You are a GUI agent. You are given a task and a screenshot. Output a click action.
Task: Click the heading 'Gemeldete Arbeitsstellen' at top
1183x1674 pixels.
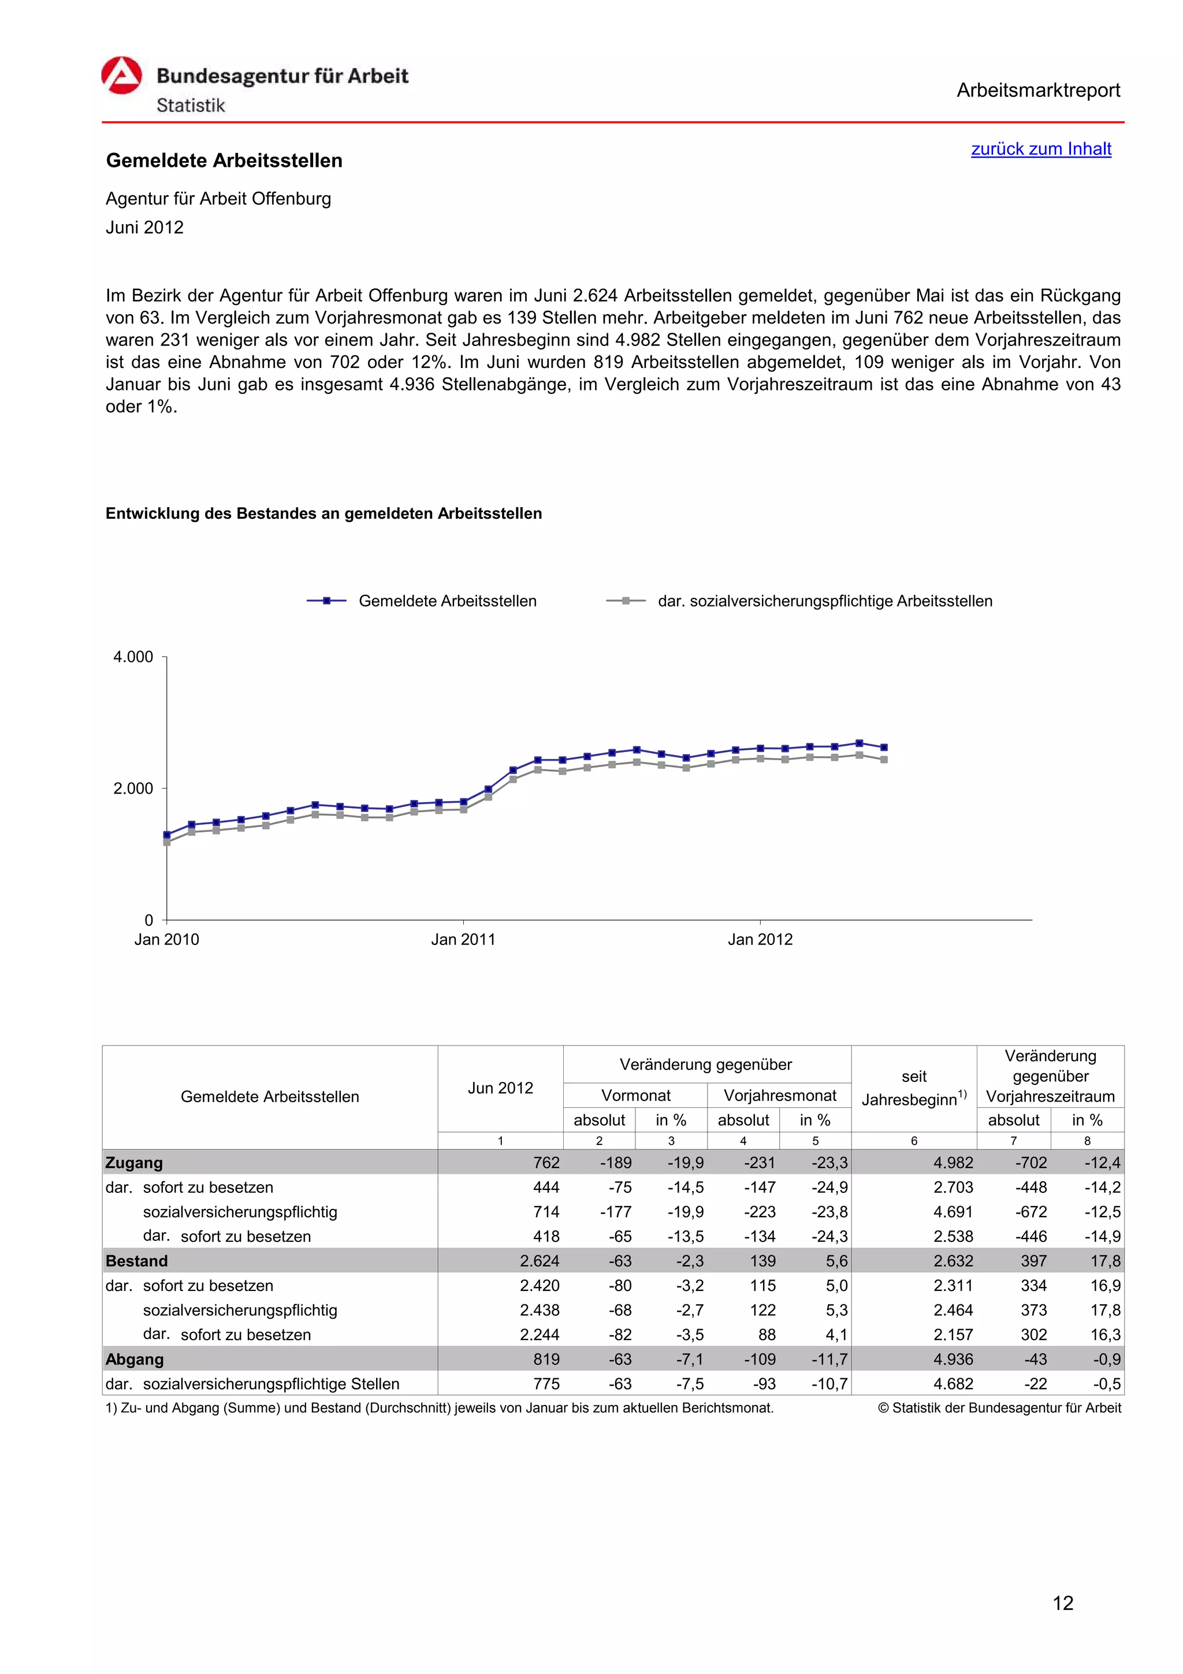point(224,161)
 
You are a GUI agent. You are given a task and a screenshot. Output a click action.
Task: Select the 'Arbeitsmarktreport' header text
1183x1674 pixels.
point(1038,91)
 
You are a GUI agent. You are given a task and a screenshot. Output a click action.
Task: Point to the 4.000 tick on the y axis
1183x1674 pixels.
point(133,657)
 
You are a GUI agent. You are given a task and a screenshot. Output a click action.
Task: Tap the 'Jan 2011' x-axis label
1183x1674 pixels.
point(463,939)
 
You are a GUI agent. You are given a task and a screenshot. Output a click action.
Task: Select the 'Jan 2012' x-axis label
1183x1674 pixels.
point(760,939)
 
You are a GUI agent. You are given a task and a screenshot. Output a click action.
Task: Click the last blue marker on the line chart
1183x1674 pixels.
point(883,747)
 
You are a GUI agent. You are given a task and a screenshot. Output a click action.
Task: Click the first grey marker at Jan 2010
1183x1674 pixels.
point(167,842)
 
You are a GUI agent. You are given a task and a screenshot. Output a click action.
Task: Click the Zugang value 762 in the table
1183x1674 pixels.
point(546,1163)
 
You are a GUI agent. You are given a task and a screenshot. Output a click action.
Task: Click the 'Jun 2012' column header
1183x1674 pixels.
point(500,1088)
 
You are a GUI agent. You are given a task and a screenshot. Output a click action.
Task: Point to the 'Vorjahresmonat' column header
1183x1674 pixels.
point(779,1095)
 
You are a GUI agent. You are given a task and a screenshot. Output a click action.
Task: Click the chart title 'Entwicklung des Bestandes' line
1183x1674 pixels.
point(323,514)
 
